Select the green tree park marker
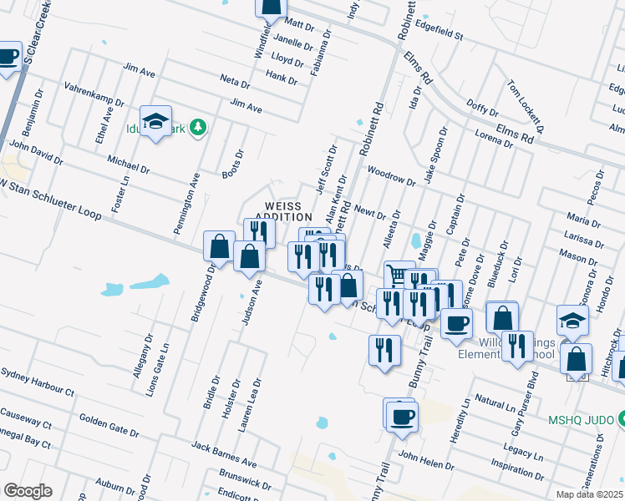[x=198, y=128]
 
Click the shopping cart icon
[x=398, y=274]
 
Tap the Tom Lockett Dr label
[x=526, y=107]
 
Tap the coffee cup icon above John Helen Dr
[x=402, y=416]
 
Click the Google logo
[x=27, y=491]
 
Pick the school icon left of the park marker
[x=155, y=122]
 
